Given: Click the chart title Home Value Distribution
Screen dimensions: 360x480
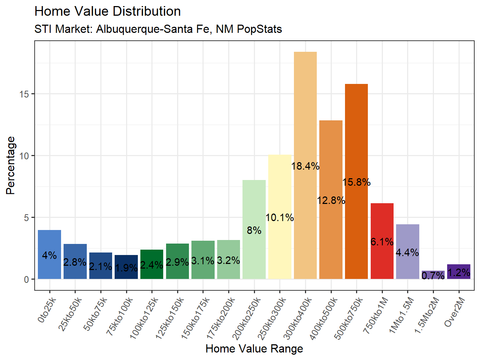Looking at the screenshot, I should click(107, 11).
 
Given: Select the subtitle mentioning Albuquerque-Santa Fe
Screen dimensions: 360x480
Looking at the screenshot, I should click(158, 29).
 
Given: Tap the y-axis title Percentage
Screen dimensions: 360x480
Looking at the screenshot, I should click(11, 165).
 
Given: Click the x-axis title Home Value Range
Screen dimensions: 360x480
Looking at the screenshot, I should click(254, 349).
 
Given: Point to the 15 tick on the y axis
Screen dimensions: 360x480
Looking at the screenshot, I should click(24, 94).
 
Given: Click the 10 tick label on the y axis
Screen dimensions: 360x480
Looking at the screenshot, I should click(24, 156).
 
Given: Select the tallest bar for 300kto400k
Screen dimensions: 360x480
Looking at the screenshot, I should click(305, 107).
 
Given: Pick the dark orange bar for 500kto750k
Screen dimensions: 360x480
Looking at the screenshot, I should click(356, 143).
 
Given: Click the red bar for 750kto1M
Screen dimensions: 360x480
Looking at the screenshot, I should click(382, 221).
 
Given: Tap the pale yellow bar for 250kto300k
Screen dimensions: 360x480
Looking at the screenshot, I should click(280, 186).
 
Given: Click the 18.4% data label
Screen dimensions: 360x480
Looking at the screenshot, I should click(305, 166).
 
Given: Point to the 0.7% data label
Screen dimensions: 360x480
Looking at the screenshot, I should click(433, 275).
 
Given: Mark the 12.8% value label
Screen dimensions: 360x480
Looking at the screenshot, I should click(331, 200).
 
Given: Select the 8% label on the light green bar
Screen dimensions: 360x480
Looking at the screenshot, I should click(254, 230).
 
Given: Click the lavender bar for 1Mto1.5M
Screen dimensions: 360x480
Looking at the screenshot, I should click(407, 236).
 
